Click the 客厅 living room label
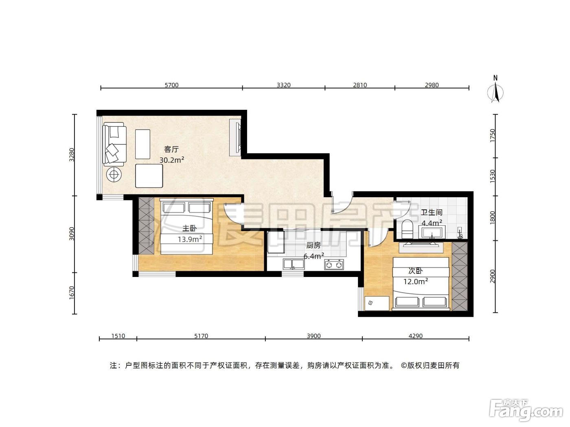171,149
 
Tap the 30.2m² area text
172,160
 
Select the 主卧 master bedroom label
189,228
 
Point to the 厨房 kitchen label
313,245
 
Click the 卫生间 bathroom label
431,212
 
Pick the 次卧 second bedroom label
416,271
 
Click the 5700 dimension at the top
172,85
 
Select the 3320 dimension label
283,85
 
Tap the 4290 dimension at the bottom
416,336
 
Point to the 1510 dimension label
118,336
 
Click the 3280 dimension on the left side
72,155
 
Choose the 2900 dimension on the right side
492,277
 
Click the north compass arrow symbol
495,92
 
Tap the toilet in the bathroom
407,229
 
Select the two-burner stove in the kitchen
334,265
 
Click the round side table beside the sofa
114,174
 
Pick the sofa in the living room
114,144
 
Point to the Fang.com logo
526,411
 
